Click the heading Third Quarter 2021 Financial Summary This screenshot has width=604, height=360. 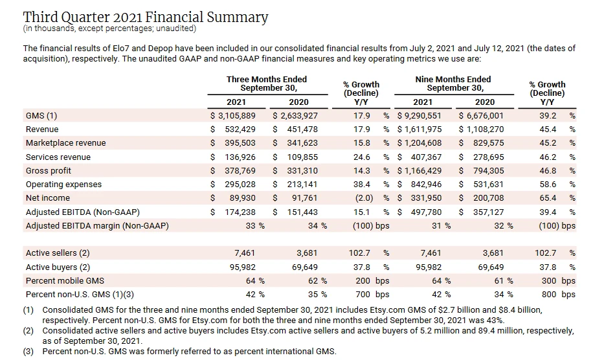[145, 17]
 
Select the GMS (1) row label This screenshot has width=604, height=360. [41, 116]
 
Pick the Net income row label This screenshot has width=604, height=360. [49, 198]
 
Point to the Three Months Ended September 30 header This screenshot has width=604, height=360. [267, 84]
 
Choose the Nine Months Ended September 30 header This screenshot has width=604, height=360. [453, 84]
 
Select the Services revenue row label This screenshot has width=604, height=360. [58, 157]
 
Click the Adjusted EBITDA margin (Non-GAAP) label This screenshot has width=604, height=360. [97, 226]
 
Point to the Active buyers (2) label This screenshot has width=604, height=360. [58, 267]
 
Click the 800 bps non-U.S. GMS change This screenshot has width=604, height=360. [556, 295]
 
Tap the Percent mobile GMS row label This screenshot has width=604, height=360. [65, 281]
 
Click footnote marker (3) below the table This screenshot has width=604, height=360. [28, 352]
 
